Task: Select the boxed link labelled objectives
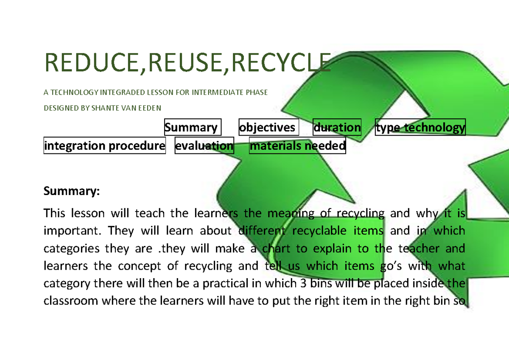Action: (268, 127)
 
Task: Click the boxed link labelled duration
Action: (337, 127)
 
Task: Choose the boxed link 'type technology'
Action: (420, 127)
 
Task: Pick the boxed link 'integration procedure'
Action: (104, 146)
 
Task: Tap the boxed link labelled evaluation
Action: (204, 146)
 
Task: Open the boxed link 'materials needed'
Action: (297, 146)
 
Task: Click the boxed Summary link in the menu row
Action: (193, 127)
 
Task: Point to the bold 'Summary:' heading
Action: (71, 191)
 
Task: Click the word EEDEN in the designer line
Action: (151, 108)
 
